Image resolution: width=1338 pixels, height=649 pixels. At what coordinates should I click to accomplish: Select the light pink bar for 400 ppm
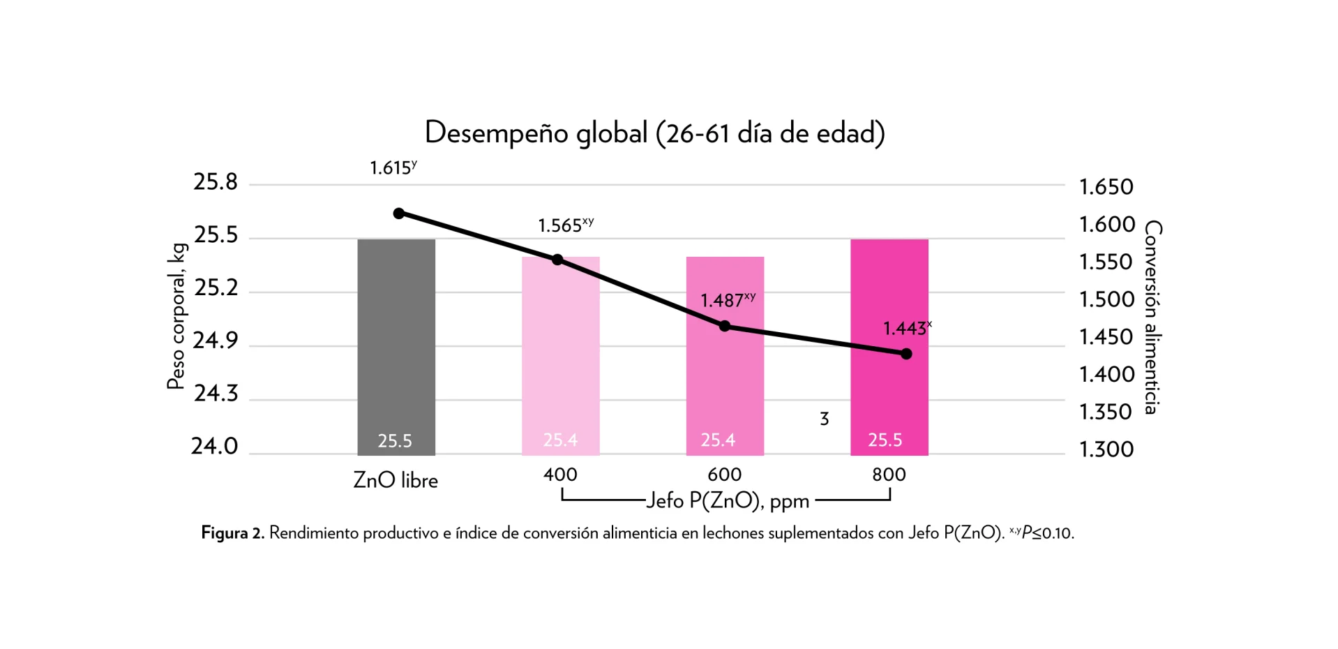click(560, 363)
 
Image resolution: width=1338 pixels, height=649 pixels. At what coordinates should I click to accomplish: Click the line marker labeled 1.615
click(399, 213)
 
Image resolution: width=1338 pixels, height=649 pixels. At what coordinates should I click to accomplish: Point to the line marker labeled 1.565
click(557, 260)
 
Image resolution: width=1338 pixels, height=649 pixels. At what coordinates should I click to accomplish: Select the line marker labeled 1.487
click(725, 326)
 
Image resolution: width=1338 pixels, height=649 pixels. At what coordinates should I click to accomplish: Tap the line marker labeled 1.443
click(906, 354)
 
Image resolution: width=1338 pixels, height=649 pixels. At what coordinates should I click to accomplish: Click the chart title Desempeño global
click(654, 133)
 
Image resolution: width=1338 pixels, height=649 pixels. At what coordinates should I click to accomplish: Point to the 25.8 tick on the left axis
click(216, 182)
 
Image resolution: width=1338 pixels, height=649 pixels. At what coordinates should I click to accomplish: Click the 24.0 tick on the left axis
click(215, 446)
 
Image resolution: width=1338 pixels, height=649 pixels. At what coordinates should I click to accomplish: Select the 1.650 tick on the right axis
click(1106, 187)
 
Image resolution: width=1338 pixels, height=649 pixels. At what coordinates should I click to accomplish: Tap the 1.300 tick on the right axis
click(1106, 449)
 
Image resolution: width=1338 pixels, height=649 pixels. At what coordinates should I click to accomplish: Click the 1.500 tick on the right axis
click(1106, 299)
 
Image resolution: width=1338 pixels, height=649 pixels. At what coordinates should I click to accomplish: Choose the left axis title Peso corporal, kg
click(176, 315)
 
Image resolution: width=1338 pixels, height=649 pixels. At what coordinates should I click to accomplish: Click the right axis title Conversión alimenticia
click(1153, 318)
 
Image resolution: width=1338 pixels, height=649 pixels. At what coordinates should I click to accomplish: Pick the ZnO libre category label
click(396, 480)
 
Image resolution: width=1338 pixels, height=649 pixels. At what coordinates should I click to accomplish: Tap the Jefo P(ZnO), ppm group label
click(728, 501)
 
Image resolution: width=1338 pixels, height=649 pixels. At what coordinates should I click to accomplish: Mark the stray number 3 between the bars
click(825, 419)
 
